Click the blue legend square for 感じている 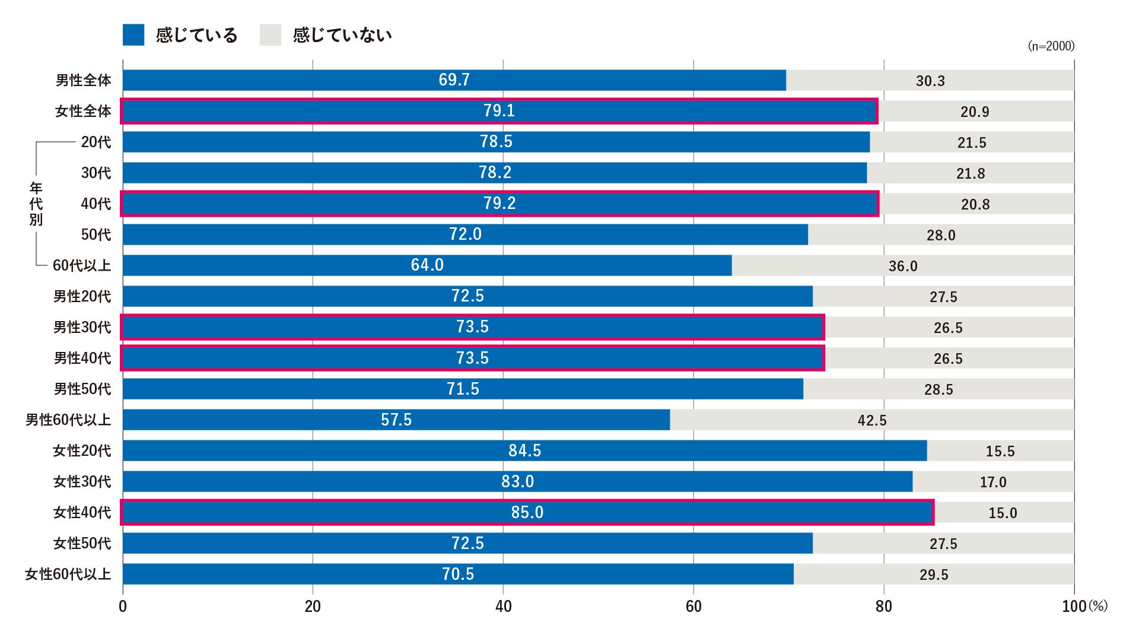(x=133, y=35)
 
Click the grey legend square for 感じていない (x=271, y=35)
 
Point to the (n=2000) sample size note (x=1051, y=46)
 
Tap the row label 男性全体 (x=83, y=80)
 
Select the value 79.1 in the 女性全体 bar (x=499, y=111)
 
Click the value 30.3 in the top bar (x=930, y=81)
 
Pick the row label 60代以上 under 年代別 (x=82, y=265)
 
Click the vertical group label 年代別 (x=36, y=204)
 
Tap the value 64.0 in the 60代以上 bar (x=427, y=265)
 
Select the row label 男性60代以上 (x=68, y=420)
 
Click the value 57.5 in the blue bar (x=396, y=420)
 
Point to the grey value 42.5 (x=872, y=421)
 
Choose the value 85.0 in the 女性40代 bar (x=527, y=512)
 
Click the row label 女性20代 (x=82, y=450)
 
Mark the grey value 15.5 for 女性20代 (x=1000, y=452)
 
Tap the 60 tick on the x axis (x=693, y=607)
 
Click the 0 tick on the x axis (x=123, y=607)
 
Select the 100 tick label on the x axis (x=1074, y=607)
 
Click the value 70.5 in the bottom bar (x=458, y=574)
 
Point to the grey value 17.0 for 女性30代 (x=993, y=483)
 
